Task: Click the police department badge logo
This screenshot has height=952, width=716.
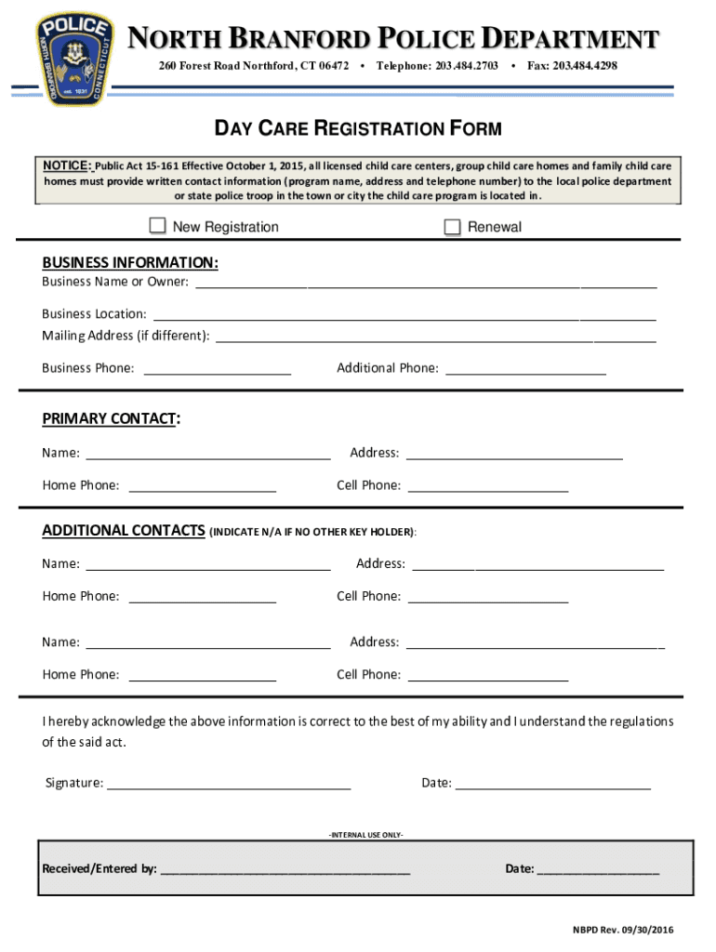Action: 73,59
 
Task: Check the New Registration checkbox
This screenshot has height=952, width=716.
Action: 158,226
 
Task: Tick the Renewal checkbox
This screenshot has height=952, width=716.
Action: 453,227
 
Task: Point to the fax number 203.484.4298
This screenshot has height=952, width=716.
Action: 585,66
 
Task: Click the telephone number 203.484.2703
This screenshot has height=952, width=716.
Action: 466,66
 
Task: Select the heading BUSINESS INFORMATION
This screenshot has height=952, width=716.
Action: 130,263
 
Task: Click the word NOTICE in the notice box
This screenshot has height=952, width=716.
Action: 66,165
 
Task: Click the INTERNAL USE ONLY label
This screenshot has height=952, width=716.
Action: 365,834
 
